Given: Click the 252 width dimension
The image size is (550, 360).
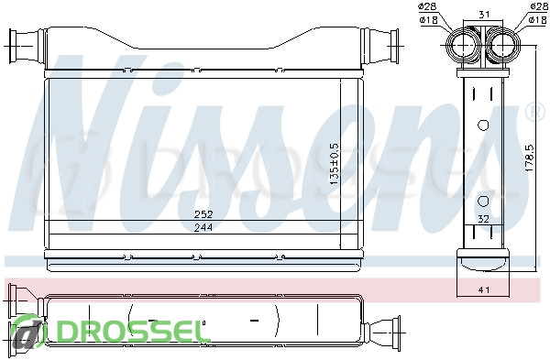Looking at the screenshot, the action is (203, 213).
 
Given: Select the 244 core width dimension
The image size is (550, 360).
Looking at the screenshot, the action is (203, 227).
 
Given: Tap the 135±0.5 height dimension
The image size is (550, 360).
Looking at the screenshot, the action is (334, 164).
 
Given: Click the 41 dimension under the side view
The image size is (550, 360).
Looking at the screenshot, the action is (484, 289).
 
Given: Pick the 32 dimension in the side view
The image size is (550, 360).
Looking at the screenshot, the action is (483, 219).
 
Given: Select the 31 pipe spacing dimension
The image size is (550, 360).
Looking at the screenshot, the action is (484, 15).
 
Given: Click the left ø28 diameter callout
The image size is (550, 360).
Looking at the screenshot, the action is (428, 6).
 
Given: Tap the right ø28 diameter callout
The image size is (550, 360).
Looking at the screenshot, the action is (538, 6).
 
